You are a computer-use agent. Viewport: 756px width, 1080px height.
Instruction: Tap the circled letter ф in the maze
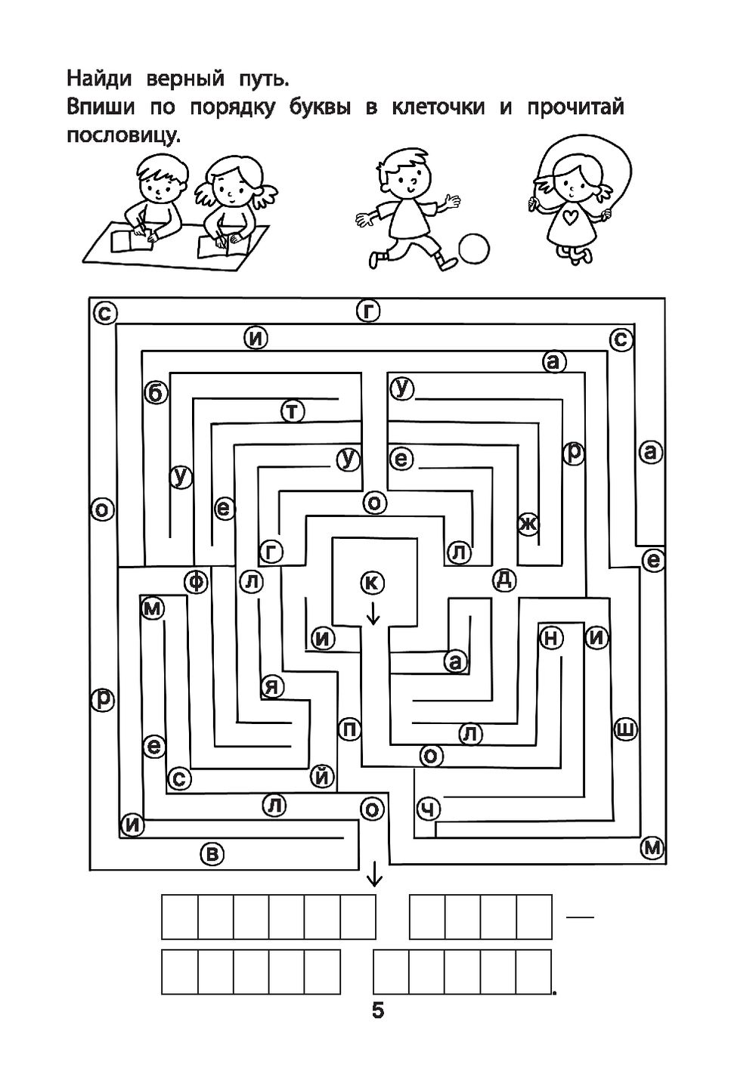point(197,581)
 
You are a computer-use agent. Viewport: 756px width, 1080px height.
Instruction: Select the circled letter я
point(272,687)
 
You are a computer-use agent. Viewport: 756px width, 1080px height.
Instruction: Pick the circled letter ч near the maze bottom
point(429,809)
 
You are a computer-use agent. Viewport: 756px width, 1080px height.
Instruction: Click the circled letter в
point(212,854)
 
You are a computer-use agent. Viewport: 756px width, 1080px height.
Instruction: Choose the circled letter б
point(155,393)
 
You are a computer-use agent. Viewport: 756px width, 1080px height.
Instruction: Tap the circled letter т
point(293,411)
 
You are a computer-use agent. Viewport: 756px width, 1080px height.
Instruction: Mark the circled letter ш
point(625,729)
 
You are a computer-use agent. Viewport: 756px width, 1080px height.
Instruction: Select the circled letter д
point(504,580)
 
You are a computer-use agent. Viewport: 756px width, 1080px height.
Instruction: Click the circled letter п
point(349,729)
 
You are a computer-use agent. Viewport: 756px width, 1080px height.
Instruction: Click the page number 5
point(378,1010)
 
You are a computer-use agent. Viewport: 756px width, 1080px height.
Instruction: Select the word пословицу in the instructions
point(124,137)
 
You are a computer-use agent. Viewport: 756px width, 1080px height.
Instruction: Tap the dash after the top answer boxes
point(580,918)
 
